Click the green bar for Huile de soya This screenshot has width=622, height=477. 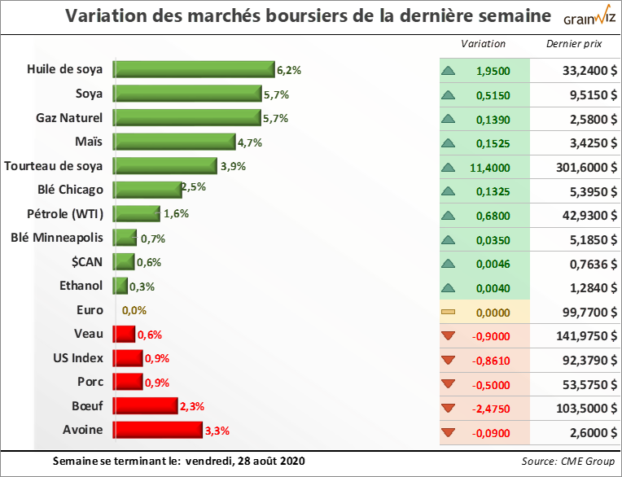click(194, 71)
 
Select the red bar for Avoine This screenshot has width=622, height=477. click(157, 429)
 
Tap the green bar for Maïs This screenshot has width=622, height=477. click(174, 142)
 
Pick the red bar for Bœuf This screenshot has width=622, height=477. click(145, 405)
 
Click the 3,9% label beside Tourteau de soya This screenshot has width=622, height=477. click(233, 167)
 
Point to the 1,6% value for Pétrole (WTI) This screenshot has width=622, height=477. click(176, 215)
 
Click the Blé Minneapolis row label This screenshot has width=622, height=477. click(57, 238)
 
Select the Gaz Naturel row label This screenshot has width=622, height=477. click(69, 118)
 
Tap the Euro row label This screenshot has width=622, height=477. click(90, 310)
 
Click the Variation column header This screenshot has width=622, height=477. click(484, 44)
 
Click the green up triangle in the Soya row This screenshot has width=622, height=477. click(449, 95)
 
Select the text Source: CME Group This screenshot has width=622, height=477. click(567, 462)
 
